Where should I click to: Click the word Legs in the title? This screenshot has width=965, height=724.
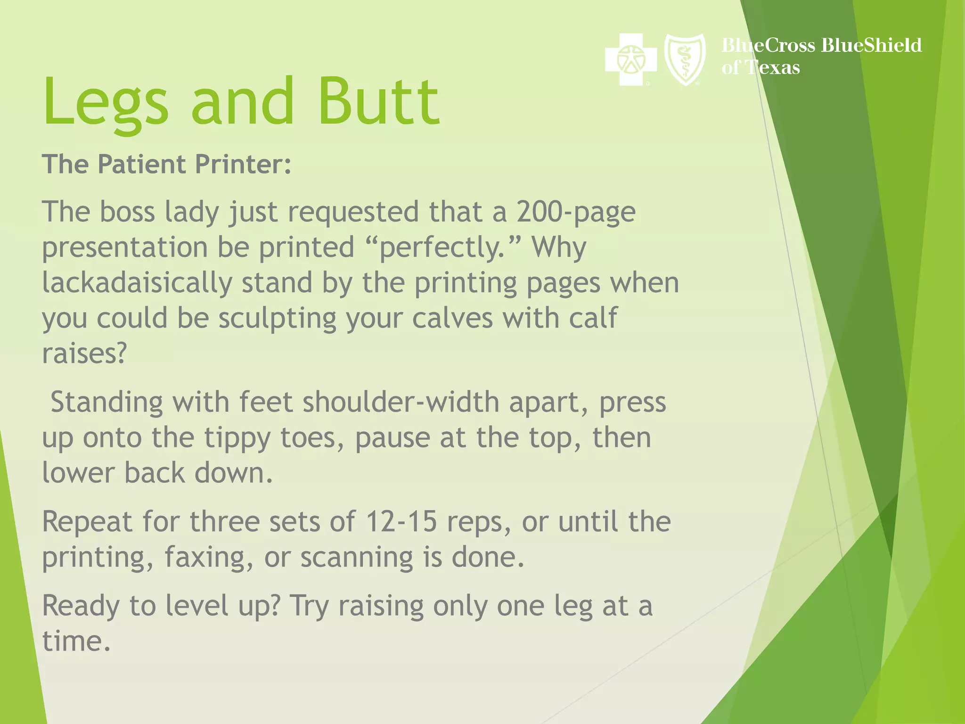point(106,103)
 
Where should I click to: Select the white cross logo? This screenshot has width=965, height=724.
point(630,59)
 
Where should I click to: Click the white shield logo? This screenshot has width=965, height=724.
point(685,59)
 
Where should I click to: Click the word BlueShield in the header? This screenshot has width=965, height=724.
point(871,45)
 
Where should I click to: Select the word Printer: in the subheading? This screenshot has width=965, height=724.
point(243,165)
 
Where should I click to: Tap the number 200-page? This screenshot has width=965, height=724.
point(576,212)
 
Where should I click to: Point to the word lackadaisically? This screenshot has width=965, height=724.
point(137,283)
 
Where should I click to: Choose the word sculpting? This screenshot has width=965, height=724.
point(277,319)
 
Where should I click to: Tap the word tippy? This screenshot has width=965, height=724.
point(237,438)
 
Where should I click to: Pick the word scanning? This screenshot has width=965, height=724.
point(356,558)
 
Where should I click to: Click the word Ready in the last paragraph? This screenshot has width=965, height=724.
point(81,606)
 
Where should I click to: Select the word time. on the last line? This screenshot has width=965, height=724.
point(76,642)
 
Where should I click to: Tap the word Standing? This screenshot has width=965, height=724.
point(106,403)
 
